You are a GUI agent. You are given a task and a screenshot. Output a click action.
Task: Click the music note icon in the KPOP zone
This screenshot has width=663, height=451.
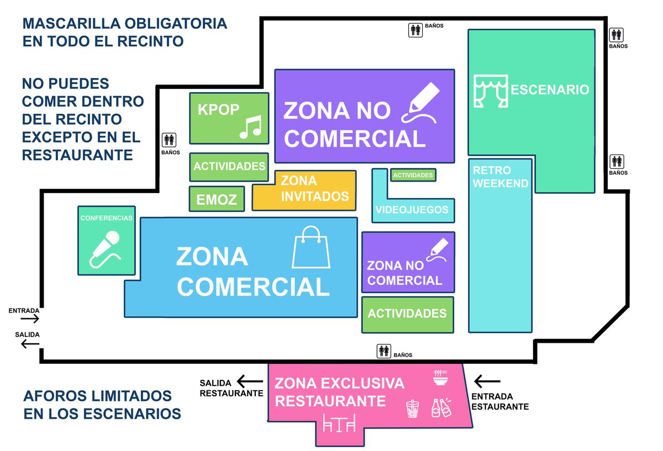251,127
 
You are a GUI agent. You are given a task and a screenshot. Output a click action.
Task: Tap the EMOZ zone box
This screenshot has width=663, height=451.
217,199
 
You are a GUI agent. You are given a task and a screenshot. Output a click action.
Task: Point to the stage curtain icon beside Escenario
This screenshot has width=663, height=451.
491,91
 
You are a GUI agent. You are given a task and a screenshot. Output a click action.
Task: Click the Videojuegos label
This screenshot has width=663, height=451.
412,210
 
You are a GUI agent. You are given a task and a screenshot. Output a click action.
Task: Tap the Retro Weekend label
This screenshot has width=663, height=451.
500,177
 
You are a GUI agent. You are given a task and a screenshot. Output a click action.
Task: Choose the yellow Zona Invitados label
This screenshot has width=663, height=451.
314,188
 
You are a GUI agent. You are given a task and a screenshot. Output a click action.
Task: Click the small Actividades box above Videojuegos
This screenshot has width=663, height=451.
413,175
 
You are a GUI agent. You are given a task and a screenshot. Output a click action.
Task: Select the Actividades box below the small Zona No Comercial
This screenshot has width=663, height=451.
408,315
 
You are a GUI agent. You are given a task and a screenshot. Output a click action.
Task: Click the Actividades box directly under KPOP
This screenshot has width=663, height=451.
229,167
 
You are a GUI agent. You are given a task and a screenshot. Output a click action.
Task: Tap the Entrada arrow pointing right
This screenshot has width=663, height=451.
30,319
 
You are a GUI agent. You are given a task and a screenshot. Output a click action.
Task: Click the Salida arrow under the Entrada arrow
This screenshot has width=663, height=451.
30,344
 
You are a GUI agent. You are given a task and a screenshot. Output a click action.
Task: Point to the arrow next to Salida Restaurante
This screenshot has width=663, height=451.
250,381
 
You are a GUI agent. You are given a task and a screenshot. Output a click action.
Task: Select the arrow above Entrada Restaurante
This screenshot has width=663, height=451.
487,381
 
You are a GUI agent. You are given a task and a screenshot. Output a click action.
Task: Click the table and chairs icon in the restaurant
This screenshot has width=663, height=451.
339,423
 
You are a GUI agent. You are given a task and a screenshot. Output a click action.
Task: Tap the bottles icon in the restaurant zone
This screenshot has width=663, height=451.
441,407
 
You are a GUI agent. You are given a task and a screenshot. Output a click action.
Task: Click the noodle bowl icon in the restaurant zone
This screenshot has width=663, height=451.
440,378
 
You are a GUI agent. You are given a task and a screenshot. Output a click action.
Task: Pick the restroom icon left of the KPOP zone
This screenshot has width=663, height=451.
169,140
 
